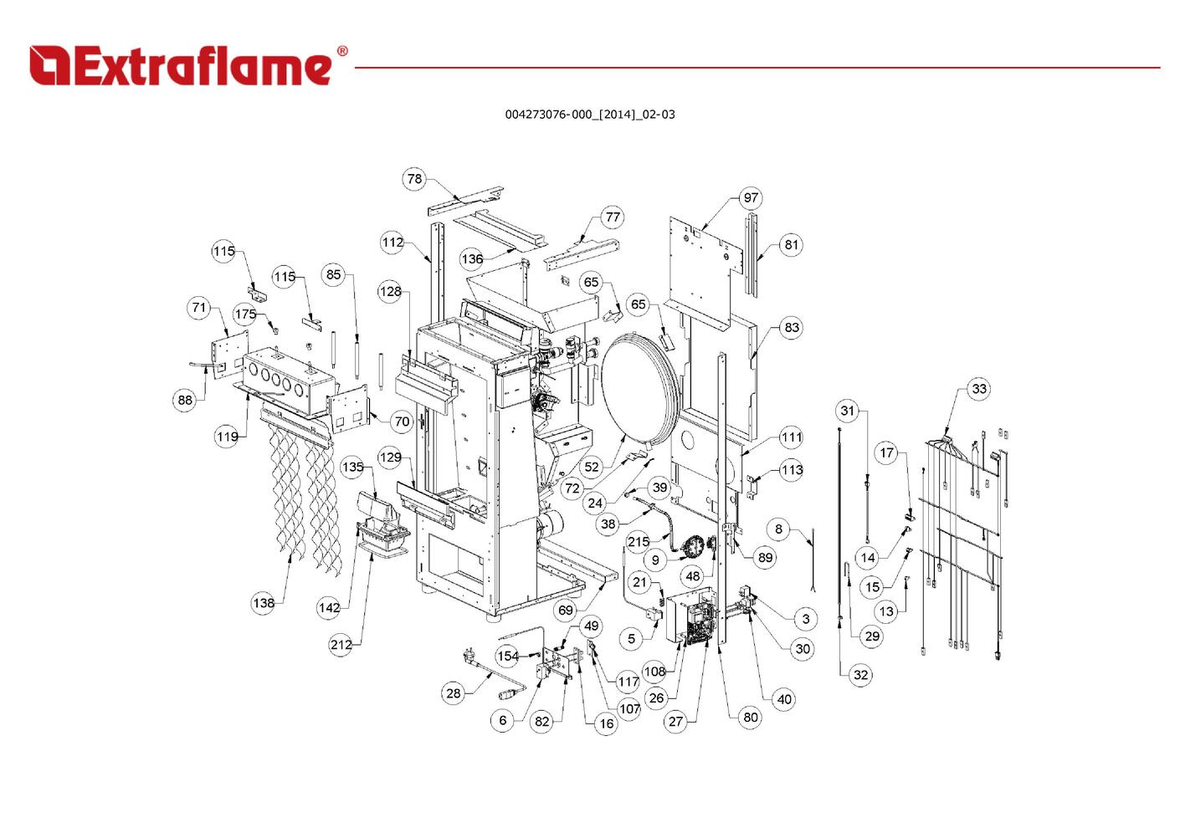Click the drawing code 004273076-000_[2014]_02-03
point(589,115)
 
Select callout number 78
point(414,179)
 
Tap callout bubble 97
point(751,198)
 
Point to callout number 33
point(979,389)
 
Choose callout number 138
point(264,603)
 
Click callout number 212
point(341,645)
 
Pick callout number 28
point(453,693)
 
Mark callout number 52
point(592,468)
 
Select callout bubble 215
point(639,542)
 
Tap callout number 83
point(792,328)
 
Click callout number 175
point(245,314)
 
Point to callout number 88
point(185,400)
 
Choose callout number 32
point(861,675)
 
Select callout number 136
point(472,259)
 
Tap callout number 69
point(566,610)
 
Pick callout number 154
point(507,657)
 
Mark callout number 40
point(784,699)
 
